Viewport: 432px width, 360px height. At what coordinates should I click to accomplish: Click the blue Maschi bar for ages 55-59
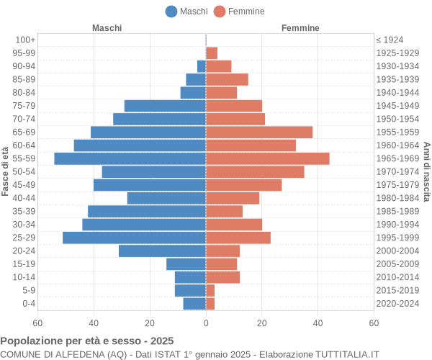pyautogui.click(x=130, y=158)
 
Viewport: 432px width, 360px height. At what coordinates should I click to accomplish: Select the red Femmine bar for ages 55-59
pyautogui.click(x=267, y=158)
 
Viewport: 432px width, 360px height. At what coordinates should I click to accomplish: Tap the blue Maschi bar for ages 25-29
pyautogui.click(x=134, y=238)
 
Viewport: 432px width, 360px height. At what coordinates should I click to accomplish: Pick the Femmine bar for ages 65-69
pyautogui.click(x=259, y=132)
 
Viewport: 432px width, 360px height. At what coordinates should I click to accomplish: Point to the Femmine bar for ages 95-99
pyautogui.click(x=212, y=53)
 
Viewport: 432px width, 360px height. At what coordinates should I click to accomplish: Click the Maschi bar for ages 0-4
pyautogui.click(x=194, y=304)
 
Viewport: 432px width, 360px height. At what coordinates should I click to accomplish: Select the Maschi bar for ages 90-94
pyautogui.click(x=202, y=66)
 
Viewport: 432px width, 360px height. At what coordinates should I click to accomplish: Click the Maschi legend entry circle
pyautogui.click(x=171, y=11)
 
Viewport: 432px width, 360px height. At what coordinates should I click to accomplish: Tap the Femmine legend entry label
pyautogui.click(x=246, y=11)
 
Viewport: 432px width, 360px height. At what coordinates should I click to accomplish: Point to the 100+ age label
pyautogui.click(x=25, y=40)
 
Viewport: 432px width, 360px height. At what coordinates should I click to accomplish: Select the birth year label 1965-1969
pyautogui.click(x=397, y=158)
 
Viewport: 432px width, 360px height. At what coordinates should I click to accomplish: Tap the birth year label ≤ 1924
pyautogui.click(x=390, y=40)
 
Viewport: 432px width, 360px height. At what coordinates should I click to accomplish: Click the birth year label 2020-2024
pyautogui.click(x=397, y=304)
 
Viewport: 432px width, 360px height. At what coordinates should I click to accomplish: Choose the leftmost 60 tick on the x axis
pyautogui.click(x=37, y=323)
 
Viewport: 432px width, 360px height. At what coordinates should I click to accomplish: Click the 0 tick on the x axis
pyautogui.click(x=206, y=323)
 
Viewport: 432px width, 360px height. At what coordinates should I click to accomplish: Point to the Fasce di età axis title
pyautogui.click(x=6, y=171)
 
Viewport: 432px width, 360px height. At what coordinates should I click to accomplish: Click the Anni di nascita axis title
pyautogui.click(x=426, y=171)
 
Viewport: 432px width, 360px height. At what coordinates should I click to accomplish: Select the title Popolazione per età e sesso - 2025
pyautogui.click(x=87, y=341)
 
